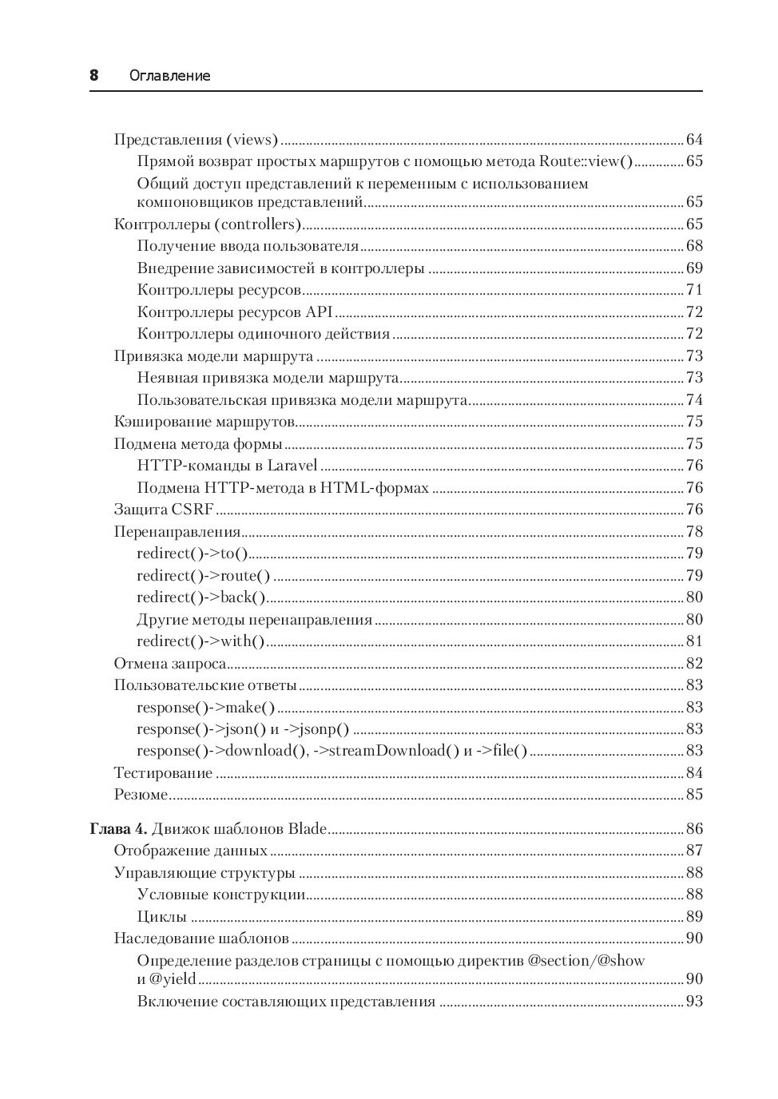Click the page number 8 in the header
[x=93, y=75]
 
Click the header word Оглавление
[x=169, y=76]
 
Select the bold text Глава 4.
[x=117, y=828]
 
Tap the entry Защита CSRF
[x=164, y=510]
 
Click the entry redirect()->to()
[x=193, y=553]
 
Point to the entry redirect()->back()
[x=200, y=597]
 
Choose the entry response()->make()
[x=205, y=707]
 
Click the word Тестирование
[x=163, y=773]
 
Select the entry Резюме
[x=141, y=795]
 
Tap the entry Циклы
[x=162, y=917]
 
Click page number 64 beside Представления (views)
[x=694, y=140]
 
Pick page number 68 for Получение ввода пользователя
[x=694, y=246]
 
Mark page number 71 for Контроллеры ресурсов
[x=694, y=290]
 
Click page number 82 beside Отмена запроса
[x=694, y=664]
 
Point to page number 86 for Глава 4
[x=694, y=829]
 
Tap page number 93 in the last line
[x=694, y=1002]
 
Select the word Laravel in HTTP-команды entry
[x=292, y=466]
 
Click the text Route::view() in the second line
[x=585, y=161]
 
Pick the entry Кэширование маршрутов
[x=204, y=422]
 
